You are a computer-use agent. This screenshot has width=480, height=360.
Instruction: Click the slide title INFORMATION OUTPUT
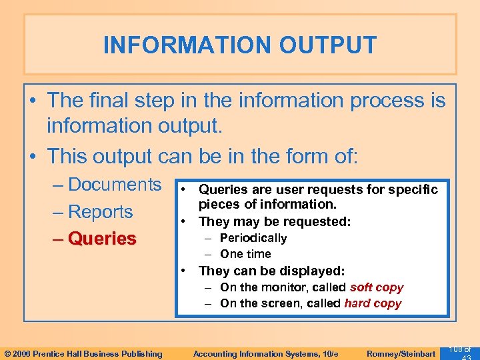pos(240,45)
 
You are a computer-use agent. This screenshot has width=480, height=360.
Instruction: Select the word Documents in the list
pos(115,185)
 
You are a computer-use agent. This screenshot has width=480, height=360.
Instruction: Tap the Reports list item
pos(100,212)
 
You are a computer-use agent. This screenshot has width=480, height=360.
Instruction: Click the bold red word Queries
pos(102,239)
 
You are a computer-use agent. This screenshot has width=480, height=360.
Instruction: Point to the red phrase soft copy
pos(377,287)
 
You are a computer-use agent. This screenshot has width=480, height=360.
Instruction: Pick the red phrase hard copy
pos(373,303)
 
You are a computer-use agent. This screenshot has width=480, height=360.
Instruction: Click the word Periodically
pos(253,238)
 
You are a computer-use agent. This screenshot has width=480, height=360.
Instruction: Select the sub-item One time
pos(245,254)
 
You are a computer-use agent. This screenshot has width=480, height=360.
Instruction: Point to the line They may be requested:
pos(275,221)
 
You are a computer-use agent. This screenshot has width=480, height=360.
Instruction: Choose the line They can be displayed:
pos(271,271)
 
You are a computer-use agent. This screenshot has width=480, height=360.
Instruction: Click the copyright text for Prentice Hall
pos(83,353)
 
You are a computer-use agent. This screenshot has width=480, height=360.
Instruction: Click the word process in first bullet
pos(380,101)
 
